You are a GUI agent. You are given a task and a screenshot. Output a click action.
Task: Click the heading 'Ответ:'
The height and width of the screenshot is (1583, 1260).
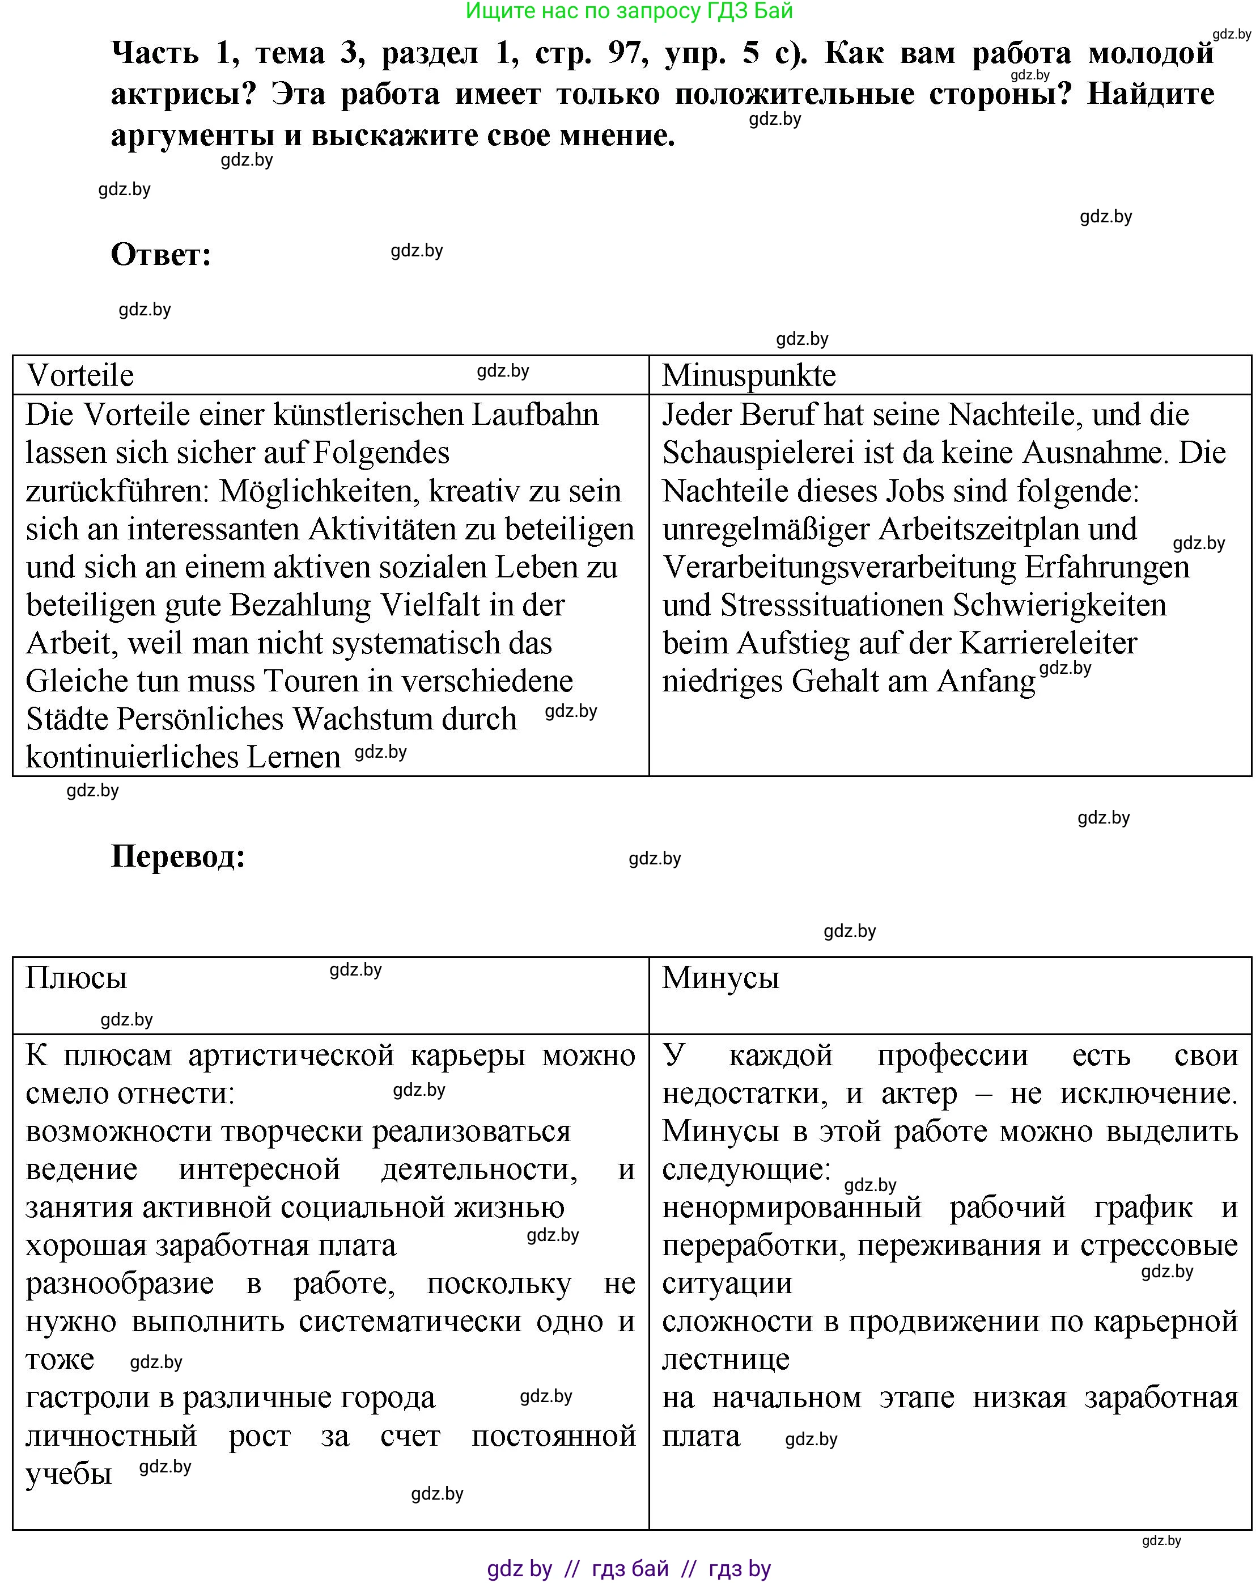pos(161,255)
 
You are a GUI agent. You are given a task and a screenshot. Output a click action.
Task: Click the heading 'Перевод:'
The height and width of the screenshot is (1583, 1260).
pos(177,856)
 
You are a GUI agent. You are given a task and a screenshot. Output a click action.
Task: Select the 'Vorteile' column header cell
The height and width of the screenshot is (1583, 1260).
pos(80,375)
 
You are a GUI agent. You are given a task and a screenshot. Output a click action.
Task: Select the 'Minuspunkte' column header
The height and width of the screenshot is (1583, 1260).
pos(749,375)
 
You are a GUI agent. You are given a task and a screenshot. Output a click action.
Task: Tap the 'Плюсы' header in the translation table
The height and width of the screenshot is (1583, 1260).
pos(77,977)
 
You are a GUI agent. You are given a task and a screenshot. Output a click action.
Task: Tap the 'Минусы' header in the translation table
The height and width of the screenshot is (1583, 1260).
pos(720,977)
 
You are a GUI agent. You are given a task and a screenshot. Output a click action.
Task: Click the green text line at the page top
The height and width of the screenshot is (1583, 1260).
pos(629,11)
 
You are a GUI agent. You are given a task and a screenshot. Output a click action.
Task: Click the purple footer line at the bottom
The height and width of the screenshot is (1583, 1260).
pos(629,1569)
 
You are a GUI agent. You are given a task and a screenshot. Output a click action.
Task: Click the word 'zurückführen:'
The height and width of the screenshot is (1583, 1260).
pos(117,491)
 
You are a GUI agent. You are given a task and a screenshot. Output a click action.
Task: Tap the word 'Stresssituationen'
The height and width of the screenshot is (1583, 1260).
pos(831,605)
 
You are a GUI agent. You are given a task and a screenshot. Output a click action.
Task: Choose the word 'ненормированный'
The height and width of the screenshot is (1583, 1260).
pos(791,1207)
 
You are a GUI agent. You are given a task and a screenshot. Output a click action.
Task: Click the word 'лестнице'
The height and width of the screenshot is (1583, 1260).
pos(725,1359)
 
